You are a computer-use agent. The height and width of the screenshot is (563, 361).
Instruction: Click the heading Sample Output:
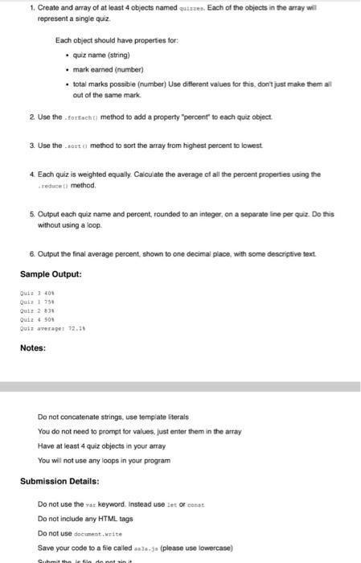pos(51,273)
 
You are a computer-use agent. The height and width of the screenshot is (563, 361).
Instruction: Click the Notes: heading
pos(33,348)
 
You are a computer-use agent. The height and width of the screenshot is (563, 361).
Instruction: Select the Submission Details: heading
pos(59,481)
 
